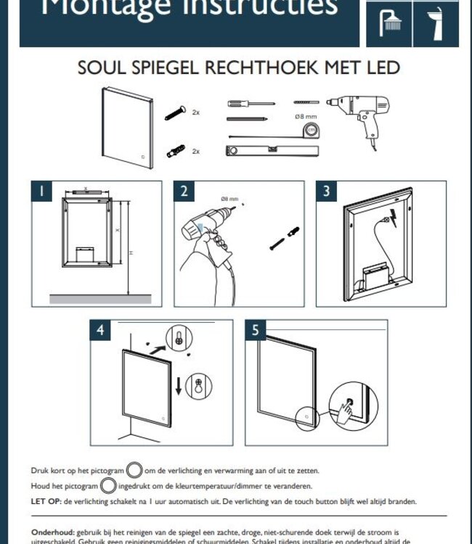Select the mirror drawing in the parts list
pyautogui.click(x=128, y=128)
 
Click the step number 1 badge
pyautogui.click(x=41, y=191)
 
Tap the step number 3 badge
pyautogui.click(x=327, y=191)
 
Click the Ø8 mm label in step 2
pyautogui.click(x=229, y=199)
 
